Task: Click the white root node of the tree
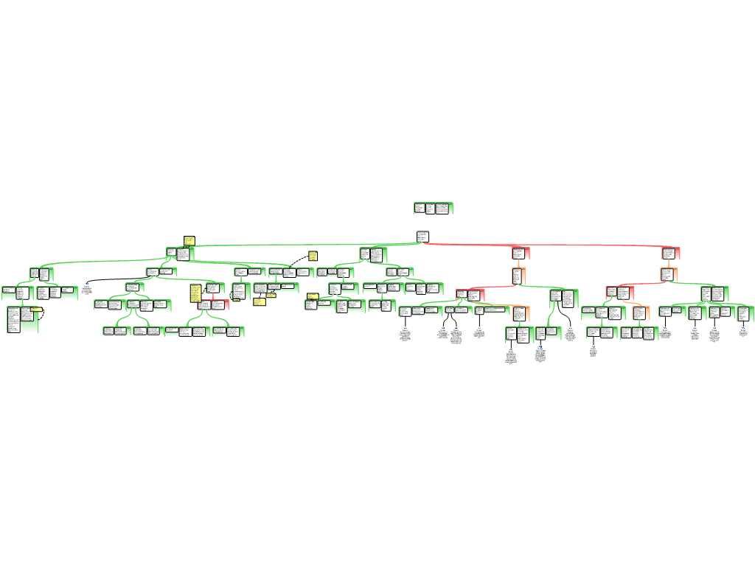(422, 237)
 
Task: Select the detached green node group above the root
(433, 209)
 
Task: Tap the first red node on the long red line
(521, 254)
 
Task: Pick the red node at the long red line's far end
(670, 254)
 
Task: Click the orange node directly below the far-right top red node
(668, 274)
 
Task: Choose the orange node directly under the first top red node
(518, 276)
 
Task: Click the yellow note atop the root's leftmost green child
(189, 241)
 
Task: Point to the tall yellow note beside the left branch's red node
(195, 293)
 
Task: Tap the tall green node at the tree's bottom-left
(22, 320)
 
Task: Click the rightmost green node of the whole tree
(745, 314)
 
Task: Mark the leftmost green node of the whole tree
(16, 293)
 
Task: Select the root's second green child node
(373, 255)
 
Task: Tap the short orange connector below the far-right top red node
(669, 264)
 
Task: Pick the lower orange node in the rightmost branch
(639, 313)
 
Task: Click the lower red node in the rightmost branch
(619, 293)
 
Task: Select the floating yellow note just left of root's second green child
(313, 256)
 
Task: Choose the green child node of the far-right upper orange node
(714, 294)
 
